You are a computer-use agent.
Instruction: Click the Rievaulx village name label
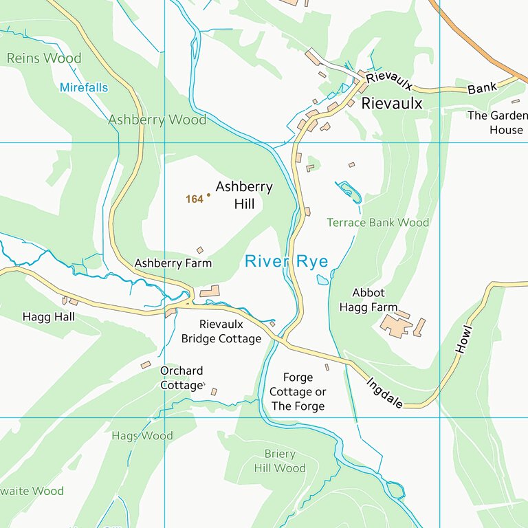(391, 104)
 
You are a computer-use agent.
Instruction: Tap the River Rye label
(286, 261)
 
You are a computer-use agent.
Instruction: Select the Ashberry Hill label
(243, 195)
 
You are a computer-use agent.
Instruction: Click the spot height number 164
(195, 199)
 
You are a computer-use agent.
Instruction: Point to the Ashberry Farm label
(173, 263)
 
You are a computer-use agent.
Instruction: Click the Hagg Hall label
(48, 317)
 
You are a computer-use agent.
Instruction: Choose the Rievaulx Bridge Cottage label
(221, 331)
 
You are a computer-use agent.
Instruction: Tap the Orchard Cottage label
(182, 377)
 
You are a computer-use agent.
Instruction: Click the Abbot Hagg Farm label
(368, 300)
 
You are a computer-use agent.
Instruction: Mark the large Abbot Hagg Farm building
(396, 325)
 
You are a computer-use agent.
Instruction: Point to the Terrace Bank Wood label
(377, 223)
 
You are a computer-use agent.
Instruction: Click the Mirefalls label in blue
(83, 87)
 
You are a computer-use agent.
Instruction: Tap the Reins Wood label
(43, 58)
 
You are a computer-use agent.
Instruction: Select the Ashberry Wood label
(157, 120)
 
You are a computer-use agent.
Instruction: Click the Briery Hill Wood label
(279, 461)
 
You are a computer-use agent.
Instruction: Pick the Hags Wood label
(142, 436)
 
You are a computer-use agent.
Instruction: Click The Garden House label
(498, 122)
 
